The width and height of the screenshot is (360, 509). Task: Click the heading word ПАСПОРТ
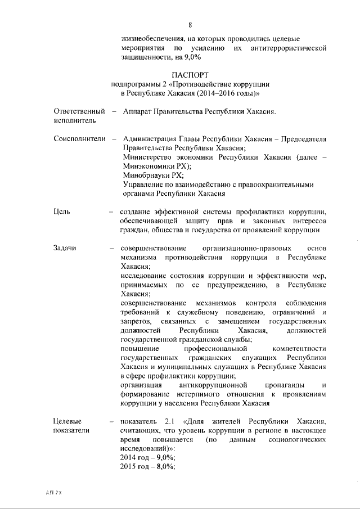(x=190, y=74)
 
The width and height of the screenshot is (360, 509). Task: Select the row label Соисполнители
(x=80, y=138)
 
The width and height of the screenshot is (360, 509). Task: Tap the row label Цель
(x=62, y=212)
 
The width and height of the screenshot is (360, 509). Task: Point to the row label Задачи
(x=65, y=248)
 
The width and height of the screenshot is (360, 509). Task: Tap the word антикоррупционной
(x=213, y=385)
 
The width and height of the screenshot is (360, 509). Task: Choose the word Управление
(x=145, y=185)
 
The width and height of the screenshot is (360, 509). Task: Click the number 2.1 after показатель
(x=171, y=421)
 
